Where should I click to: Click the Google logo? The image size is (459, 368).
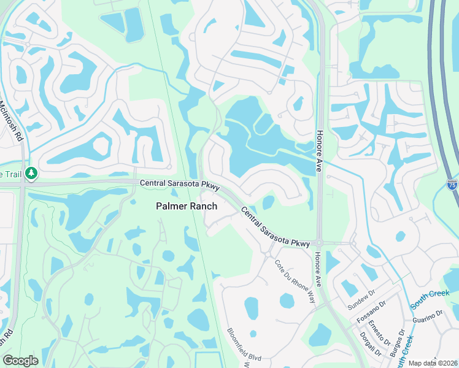(20, 361)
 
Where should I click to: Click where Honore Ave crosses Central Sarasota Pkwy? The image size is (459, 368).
(319, 243)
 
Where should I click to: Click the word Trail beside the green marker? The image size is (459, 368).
(12, 174)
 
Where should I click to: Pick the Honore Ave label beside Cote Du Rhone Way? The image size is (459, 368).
(318, 269)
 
